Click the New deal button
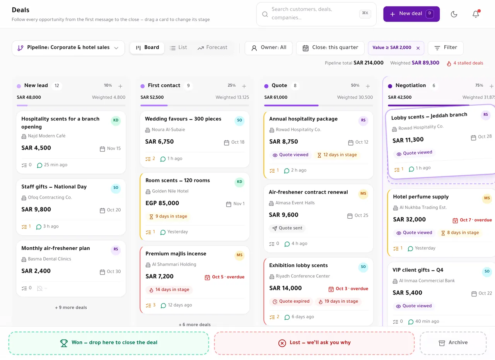[x=411, y=14]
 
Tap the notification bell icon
[x=476, y=14]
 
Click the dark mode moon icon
[x=454, y=14]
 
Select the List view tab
[x=178, y=48]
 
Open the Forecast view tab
[x=212, y=48]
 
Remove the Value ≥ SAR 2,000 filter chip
[x=418, y=48]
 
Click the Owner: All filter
[x=268, y=48]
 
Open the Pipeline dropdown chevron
[x=116, y=48]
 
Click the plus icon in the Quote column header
[x=368, y=86]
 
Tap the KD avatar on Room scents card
[x=239, y=182]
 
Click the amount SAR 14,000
[x=285, y=288]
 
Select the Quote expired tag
[x=291, y=302]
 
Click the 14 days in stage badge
[x=169, y=290]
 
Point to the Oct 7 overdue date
[x=472, y=220]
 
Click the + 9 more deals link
[x=71, y=307]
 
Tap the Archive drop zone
[x=453, y=343]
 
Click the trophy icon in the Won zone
[x=64, y=343]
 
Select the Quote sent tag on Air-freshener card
[x=287, y=228]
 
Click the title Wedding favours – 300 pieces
[x=183, y=119]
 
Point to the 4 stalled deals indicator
[x=465, y=63]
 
